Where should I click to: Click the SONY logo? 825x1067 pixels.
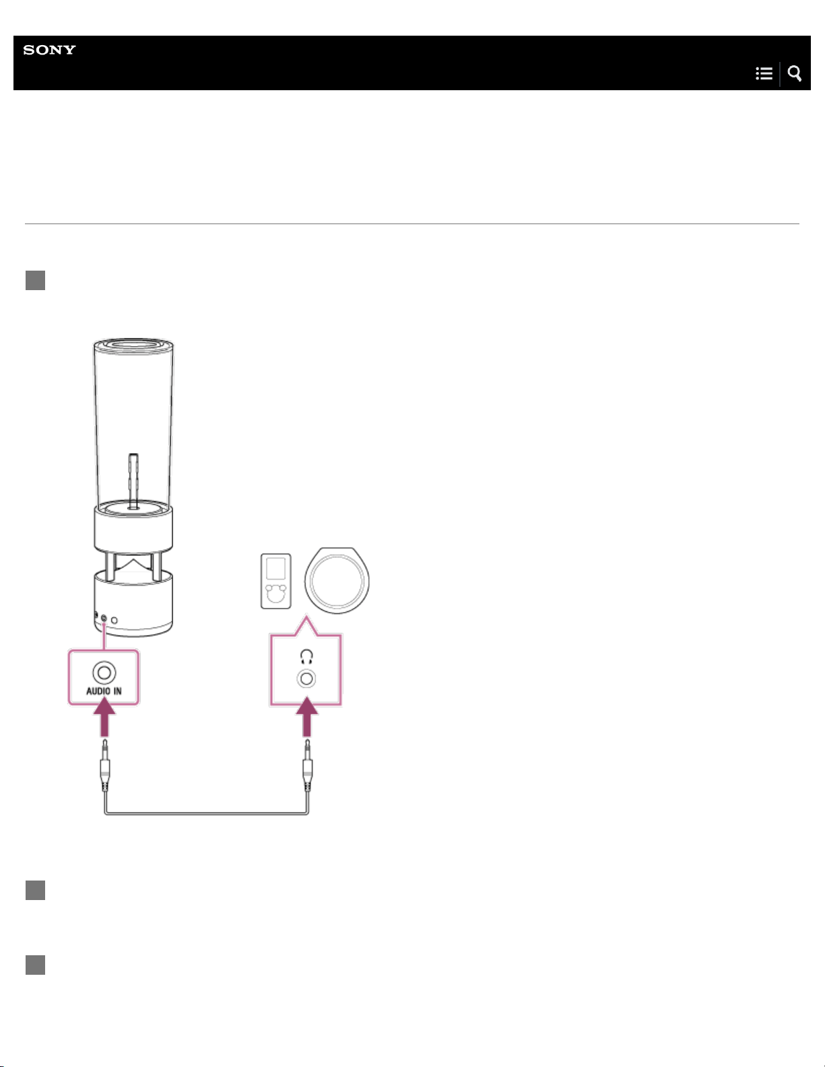(x=50, y=50)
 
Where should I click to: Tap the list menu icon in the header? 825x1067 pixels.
(x=764, y=73)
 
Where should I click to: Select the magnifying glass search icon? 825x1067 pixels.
(x=795, y=73)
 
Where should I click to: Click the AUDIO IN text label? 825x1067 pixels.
(x=104, y=691)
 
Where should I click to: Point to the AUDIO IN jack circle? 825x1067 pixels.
(x=104, y=673)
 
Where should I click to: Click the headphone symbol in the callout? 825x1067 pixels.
(x=306, y=656)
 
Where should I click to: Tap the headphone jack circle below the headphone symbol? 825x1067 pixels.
(x=306, y=679)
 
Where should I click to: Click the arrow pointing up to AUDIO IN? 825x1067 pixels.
(x=104, y=718)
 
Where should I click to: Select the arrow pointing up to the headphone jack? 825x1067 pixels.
(x=307, y=718)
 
